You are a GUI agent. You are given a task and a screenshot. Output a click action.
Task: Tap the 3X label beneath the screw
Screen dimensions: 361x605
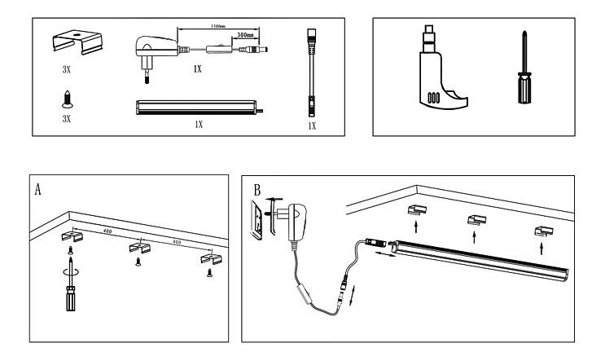pos(67,119)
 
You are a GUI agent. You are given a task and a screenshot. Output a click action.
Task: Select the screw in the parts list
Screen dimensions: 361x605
pos(67,99)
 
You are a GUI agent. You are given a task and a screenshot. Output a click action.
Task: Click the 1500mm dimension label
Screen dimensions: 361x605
pos(216,27)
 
